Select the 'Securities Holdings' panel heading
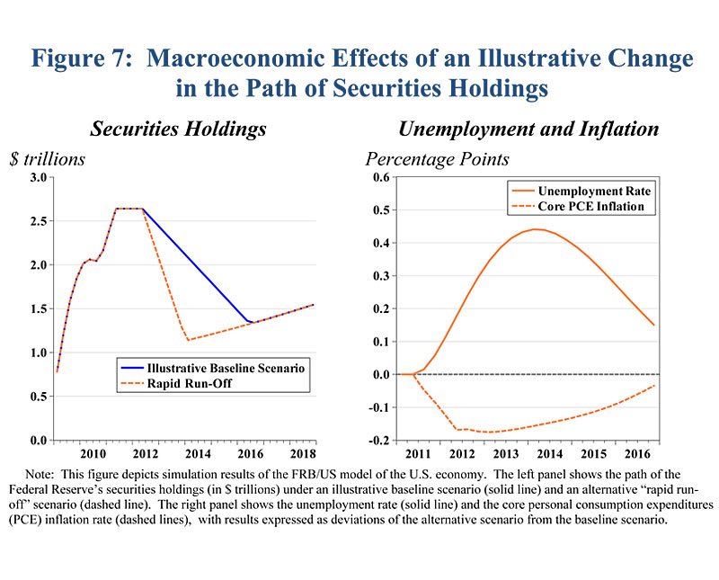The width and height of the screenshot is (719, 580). pos(178,129)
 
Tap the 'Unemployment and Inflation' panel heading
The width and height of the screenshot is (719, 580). pos(528,129)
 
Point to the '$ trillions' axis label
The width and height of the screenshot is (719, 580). pos(47,159)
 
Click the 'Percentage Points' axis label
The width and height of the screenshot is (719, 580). pos(437,159)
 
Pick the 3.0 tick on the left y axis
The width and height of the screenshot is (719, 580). pos(38,177)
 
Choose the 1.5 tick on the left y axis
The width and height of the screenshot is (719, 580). pos(38,308)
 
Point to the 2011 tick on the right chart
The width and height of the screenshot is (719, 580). pos(414,453)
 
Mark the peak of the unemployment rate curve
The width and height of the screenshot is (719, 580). pos(537,229)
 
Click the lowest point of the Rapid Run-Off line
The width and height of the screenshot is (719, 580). pos(188,340)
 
